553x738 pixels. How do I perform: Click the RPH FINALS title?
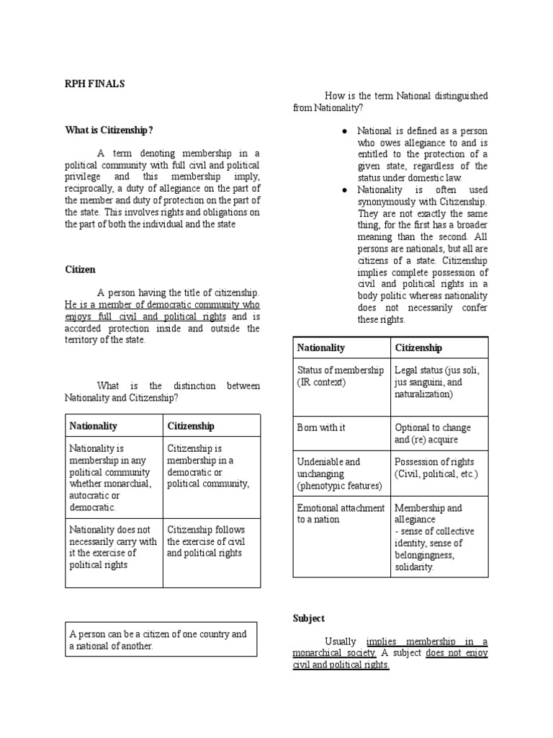tap(94, 84)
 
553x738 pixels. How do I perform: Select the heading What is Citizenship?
tap(109, 130)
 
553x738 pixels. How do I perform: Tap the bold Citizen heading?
tap(80, 269)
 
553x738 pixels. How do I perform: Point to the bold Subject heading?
tap(309, 618)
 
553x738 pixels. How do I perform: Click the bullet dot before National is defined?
tap(345, 131)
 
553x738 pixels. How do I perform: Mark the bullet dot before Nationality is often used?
tap(345, 190)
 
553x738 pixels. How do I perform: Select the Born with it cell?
tap(321, 427)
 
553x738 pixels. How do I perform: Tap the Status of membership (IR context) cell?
tap(341, 375)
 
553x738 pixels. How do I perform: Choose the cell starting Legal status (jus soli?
tap(437, 382)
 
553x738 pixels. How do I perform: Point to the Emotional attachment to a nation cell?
tap(341, 513)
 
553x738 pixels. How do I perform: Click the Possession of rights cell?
tap(436, 468)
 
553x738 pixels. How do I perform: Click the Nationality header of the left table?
tap(93, 426)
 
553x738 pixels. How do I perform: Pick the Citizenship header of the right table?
tap(418, 347)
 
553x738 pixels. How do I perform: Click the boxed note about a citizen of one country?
tap(161, 640)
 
